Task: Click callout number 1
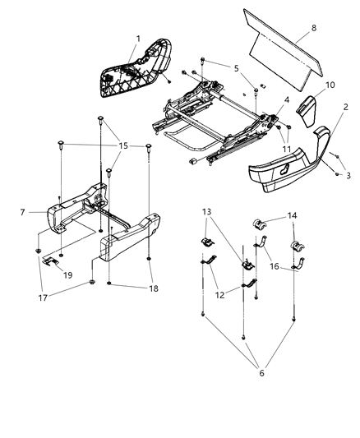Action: (x=138, y=39)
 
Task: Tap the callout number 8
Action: (x=313, y=30)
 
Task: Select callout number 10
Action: (x=330, y=85)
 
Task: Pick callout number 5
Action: (x=235, y=70)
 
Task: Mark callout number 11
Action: (x=286, y=148)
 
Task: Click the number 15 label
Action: (x=122, y=146)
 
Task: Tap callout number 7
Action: (x=22, y=212)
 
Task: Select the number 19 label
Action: (x=69, y=275)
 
